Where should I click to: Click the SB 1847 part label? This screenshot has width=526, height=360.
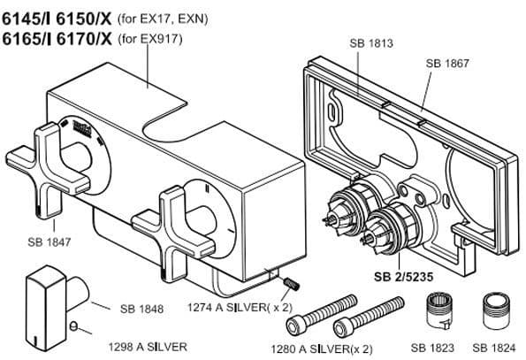(50, 241)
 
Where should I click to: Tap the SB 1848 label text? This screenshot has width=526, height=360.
(142, 309)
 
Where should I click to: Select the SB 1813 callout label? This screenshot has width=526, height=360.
(371, 43)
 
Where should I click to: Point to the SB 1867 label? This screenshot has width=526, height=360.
(447, 63)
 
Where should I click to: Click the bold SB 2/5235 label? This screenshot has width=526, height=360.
(403, 277)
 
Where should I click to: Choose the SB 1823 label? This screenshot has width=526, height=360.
(432, 348)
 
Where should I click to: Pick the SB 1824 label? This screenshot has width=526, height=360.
(494, 348)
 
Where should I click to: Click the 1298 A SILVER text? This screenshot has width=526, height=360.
(148, 347)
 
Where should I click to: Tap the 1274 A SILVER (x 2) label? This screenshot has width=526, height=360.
(240, 307)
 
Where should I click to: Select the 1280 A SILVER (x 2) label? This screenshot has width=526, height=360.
(322, 349)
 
